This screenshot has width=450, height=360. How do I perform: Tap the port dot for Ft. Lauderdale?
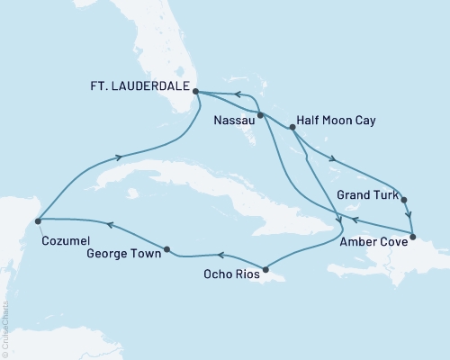pyautogui.click(x=195, y=91)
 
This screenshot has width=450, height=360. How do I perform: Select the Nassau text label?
pyautogui.click(x=232, y=119)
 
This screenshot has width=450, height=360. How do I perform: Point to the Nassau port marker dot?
pyautogui.click(x=260, y=115)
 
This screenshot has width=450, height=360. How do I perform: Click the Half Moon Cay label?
pyautogui.click(x=337, y=119)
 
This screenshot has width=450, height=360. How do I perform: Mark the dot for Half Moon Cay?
pyautogui.click(x=292, y=128)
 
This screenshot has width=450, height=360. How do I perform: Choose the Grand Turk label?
pyautogui.click(x=363, y=193)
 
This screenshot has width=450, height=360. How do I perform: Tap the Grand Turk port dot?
pyautogui.click(x=404, y=200)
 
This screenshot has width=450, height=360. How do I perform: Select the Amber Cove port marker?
pyautogui.click(x=412, y=238)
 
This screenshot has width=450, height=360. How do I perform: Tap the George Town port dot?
pyautogui.click(x=166, y=248)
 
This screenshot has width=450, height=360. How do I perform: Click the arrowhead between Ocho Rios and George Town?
pyautogui.click(x=219, y=256)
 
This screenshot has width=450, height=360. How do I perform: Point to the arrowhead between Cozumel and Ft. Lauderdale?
pyautogui.click(x=118, y=157)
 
